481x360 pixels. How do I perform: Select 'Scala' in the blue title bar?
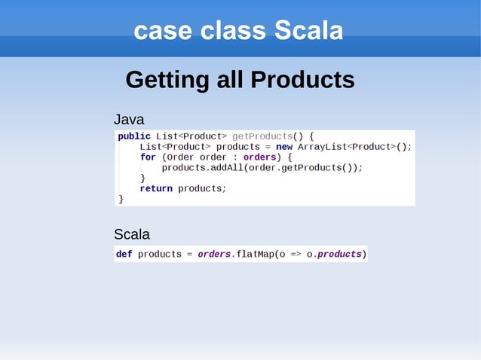(308, 31)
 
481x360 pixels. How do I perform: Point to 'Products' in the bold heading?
(302, 79)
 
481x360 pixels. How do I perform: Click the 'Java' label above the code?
(129, 120)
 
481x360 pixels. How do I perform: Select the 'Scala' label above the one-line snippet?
(131, 234)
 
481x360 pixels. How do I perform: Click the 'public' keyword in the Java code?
(134, 136)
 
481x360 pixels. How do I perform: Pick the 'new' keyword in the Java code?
(284, 147)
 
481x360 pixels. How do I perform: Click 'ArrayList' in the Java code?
(322, 147)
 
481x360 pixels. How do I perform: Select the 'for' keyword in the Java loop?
(148, 157)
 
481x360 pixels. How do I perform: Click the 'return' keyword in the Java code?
(156, 188)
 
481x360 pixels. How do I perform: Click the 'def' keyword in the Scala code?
(124, 255)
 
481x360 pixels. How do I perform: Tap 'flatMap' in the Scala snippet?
(256, 255)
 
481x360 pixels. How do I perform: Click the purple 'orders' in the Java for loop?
(259, 157)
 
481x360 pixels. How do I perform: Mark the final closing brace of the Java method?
(121, 199)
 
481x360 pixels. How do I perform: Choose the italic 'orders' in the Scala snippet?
(214, 255)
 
